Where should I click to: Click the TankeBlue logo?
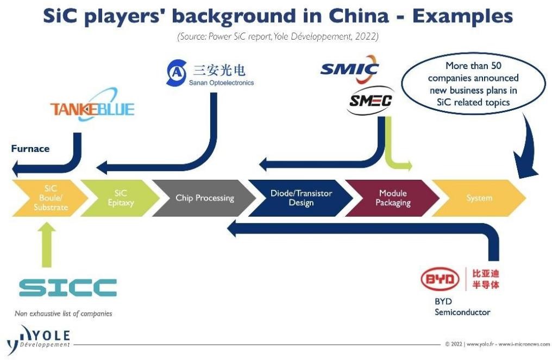(x=92, y=105)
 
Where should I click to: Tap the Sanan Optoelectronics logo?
(x=210, y=73)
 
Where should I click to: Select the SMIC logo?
(x=349, y=69)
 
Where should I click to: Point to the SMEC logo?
(x=370, y=101)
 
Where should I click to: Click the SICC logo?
(x=68, y=287)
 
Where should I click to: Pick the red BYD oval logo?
(x=440, y=279)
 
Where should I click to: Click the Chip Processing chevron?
(x=204, y=198)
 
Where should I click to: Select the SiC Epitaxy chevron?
(x=120, y=198)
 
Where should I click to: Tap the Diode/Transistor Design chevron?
(x=300, y=198)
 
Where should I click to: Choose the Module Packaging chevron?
(x=392, y=198)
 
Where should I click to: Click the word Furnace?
(x=30, y=148)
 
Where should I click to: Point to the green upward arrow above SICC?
(x=47, y=244)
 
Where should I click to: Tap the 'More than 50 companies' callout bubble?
(x=473, y=84)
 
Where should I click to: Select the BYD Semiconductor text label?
(x=462, y=307)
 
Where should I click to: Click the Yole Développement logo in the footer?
(x=39, y=339)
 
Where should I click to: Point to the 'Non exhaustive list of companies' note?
(x=64, y=313)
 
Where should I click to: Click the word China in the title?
(x=359, y=16)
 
